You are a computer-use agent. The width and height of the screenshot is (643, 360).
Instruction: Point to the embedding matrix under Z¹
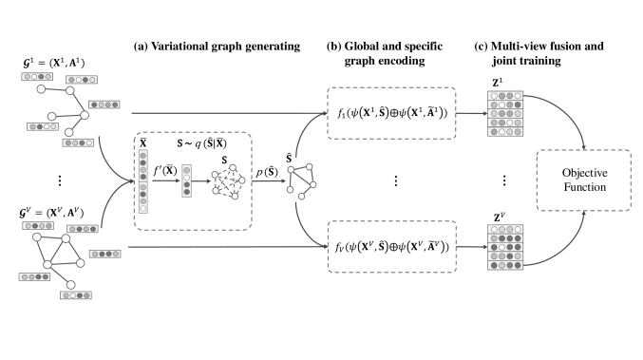click(x=503, y=114)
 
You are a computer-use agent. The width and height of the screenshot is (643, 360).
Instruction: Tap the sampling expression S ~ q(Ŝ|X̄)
click(x=208, y=142)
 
